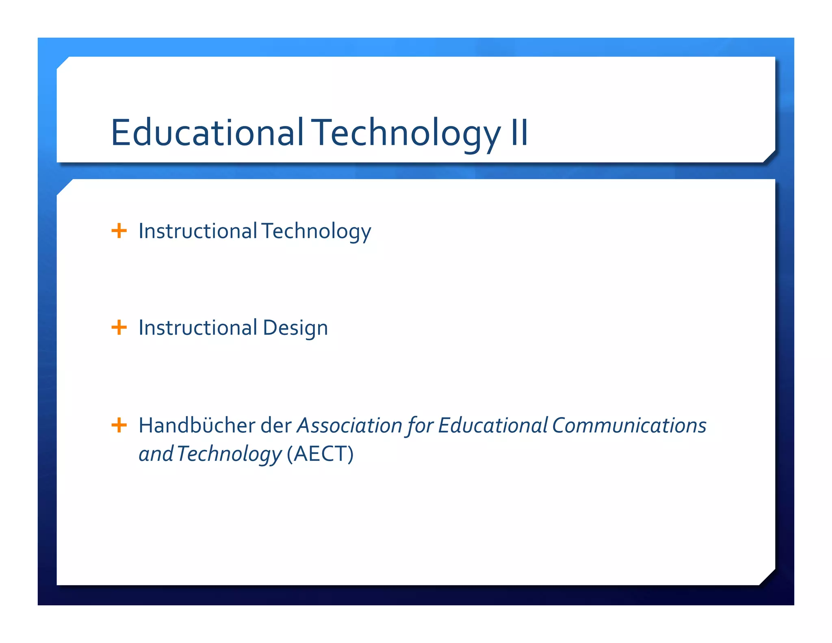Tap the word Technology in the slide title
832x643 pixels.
click(407, 133)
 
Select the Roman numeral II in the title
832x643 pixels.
click(519, 133)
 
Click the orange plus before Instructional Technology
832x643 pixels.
click(119, 231)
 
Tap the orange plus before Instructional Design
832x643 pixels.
click(119, 327)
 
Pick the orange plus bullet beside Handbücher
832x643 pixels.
click(119, 425)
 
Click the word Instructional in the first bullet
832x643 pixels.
click(198, 231)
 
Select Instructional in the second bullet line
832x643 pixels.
click(198, 328)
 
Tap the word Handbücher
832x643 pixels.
click(197, 426)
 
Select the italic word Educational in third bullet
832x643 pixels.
click(493, 426)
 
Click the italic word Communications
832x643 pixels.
click(629, 426)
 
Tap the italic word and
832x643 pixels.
click(156, 454)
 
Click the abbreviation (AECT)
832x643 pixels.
click(320, 454)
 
